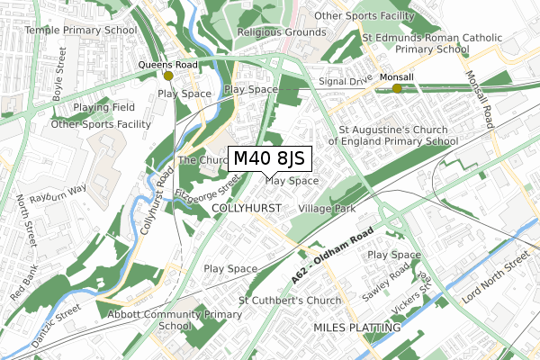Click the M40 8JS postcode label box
[269, 159]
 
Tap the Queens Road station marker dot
[168, 76]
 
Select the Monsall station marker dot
[397, 88]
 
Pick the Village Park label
[327, 208]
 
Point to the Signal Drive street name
[346, 79]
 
